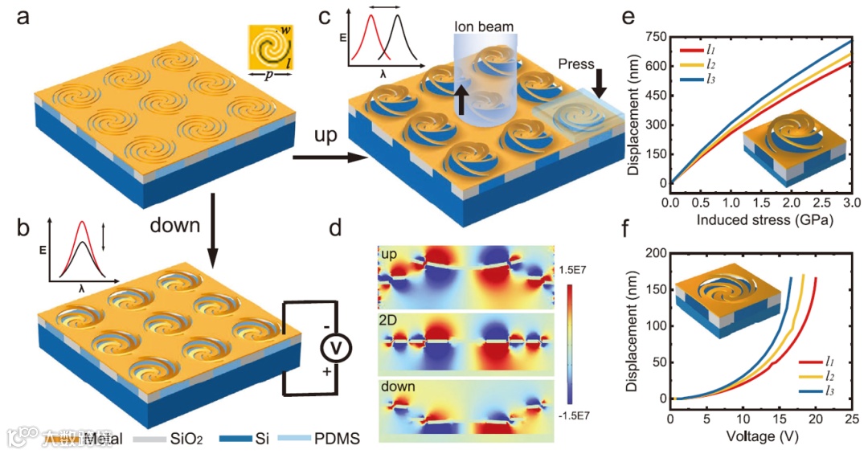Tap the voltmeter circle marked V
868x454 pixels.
pyautogui.click(x=332, y=347)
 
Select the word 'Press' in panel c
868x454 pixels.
pyautogui.click(x=575, y=63)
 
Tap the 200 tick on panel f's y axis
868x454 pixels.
pyautogui.click(x=654, y=253)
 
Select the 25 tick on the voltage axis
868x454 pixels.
pyautogui.click(x=852, y=419)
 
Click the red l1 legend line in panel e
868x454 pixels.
pyautogui.click(x=691, y=51)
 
